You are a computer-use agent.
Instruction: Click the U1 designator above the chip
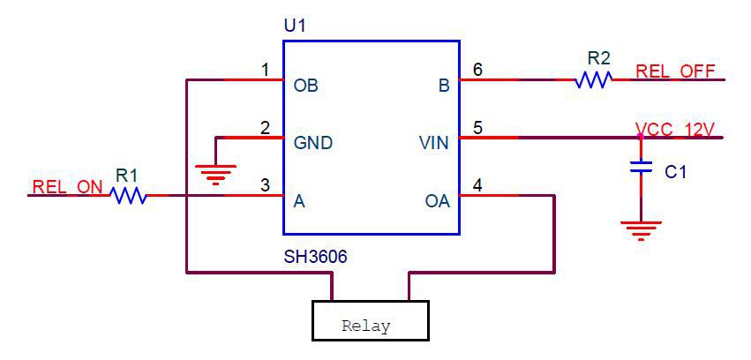[295, 26]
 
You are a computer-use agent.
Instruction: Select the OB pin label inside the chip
[305, 86]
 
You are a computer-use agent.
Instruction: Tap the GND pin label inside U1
[313, 143]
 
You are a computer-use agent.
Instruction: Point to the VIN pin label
[433, 143]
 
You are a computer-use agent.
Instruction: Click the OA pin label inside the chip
[437, 201]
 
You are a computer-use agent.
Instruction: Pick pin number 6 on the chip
[477, 70]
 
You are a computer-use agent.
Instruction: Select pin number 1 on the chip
[266, 70]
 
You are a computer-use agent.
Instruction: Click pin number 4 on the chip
[477, 185]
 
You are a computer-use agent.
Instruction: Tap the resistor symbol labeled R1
[129, 195]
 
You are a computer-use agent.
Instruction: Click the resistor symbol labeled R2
[594, 80]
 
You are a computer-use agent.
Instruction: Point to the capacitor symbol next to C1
[641, 167]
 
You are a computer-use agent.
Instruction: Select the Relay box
[370, 320]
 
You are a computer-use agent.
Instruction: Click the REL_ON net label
[67, 187]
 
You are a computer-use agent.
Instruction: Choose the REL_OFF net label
[675, 71]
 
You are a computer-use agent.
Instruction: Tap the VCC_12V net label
[675, 130]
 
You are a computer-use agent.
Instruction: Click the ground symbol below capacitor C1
[641, 231]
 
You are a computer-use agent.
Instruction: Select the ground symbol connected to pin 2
[214, 175]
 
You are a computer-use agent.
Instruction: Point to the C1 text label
[675, 172]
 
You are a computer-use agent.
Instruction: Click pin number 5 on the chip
[477, 128]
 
